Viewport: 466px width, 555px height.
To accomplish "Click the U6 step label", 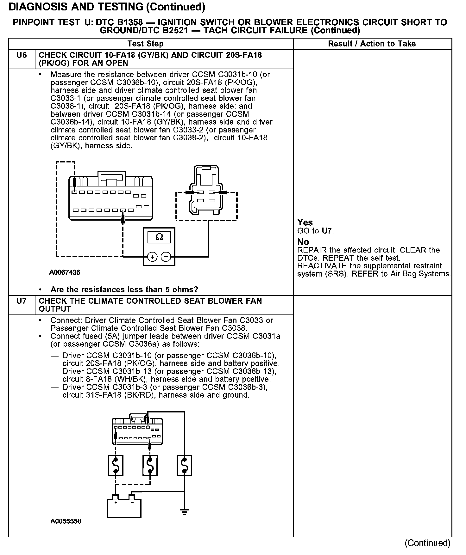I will [x=22, y=55].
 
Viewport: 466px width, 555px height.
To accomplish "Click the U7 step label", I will [x=22, y=301].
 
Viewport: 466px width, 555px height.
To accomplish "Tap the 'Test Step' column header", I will [x=146, y=44].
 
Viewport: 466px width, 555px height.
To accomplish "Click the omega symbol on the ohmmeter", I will [x=160, y=237].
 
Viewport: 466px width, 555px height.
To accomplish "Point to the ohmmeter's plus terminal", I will [x=152, y=257].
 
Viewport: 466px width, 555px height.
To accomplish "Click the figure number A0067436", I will [x=65, y=272].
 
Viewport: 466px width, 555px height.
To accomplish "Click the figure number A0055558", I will [x=66, y=521].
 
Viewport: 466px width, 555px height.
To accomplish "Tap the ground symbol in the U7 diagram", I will [x=184, y=511].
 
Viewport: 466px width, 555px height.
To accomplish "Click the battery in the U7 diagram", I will [x=124, y=508].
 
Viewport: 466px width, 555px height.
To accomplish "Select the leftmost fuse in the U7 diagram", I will [x=116, y=465].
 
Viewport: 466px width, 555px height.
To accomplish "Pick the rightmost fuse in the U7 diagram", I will [x=184, y=465].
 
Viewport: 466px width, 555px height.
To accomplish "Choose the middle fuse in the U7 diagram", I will [x=150, y=465].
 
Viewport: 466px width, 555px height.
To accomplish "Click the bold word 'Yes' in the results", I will [x=305, y=223].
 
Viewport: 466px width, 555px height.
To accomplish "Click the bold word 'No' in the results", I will [x=303, y=242].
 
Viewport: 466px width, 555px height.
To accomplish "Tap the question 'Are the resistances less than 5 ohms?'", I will [x=124, y=290].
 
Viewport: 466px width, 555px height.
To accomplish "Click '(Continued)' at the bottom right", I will [x=427, y=543].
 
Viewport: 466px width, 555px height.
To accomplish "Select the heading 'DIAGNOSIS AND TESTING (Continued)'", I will [x=107, y=7].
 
